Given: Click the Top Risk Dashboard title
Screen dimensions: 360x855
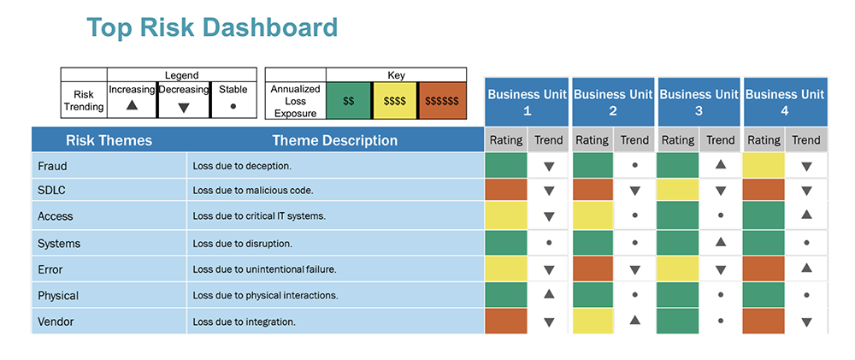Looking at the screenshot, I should pyautogui.click(x=212, y=27).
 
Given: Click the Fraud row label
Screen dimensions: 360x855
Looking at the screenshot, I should pyautogui.click(x=52, y=166).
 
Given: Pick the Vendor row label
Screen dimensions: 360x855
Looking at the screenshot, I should pyautogui.click(x=57, y=322).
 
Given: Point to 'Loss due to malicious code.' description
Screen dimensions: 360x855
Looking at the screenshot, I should pyautogui.click(x=253, y=191).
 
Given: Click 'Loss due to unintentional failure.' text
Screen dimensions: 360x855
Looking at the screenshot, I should pyautogui.click(x=264, y=269).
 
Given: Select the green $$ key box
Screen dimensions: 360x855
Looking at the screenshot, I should pyautogui.click(x=349, y=100).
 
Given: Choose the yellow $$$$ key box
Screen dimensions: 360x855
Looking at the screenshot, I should pyautogui.click(x=394, y=100).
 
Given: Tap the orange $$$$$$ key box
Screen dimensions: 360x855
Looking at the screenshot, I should pyautogui.click(x=441, y=100).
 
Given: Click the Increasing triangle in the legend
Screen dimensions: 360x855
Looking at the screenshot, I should pyautogui.click(x=132, y=106).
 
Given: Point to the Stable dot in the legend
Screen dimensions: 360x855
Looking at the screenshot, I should pyautogui.click(x=233, y=106).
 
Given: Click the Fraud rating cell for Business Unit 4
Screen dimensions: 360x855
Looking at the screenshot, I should pyautogui.click(x=764, y=165).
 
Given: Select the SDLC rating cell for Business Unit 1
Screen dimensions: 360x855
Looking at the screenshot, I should pyautogui.click(x=505, y=190).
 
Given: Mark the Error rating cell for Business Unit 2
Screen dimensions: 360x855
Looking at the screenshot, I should pyautogui.click(x=592, y=269).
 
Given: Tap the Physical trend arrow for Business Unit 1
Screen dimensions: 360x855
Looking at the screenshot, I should pyautogui.click(x=549, y=294).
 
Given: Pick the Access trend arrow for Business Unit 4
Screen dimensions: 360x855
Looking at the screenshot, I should pyautogui.click(x=806, y=215).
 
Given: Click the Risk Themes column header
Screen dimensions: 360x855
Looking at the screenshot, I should pyautogui.click(x=109, y=140).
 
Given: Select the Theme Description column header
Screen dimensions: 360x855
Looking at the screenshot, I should pyautogui.click(x=334, y=140).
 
